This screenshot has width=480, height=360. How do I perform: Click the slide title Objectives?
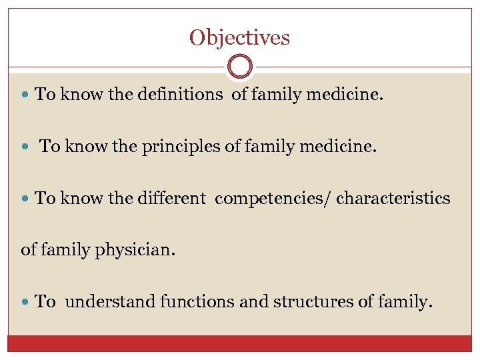(x=239, y=37)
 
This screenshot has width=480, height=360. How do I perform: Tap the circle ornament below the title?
(x=240, y=67)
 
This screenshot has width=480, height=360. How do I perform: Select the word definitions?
(x=180, y=95)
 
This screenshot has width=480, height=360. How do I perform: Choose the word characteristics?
(x=393, y=198)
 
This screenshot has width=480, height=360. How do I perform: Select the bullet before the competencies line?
(x=26, y=199)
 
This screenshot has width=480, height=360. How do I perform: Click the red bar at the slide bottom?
(x=240, y=343)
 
